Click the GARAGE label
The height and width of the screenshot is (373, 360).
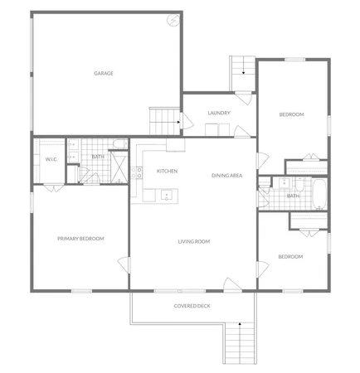point(104,73)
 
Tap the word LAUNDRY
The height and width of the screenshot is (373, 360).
point(219,113)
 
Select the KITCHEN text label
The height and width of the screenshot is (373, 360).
point(167,171)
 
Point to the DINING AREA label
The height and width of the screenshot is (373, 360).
point(226,175)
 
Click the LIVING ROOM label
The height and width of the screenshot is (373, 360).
point(193,241)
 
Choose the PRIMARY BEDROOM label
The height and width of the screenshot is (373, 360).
point(80,239)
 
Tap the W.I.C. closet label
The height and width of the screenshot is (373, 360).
point(51,159)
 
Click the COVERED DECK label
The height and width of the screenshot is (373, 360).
point(192,306)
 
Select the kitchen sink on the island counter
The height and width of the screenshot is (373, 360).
point(167,196)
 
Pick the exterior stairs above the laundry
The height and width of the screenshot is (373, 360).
point(241,66)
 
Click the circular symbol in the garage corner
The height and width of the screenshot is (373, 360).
point(173,20)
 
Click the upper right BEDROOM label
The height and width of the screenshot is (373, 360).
point(291,114)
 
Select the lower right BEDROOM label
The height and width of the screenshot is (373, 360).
point(290,256)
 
